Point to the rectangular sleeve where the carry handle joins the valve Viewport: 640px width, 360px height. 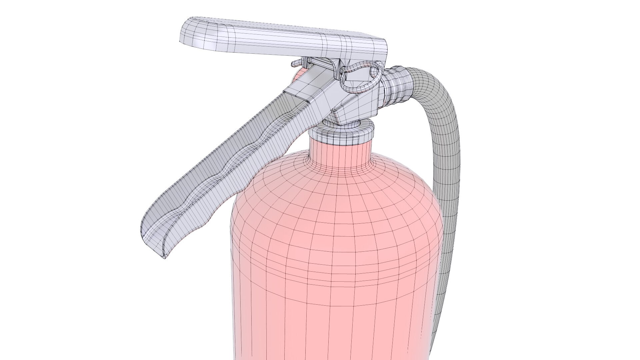click(307, 92)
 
